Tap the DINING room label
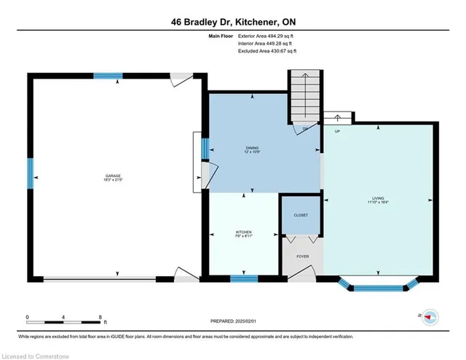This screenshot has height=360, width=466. click(x=252, y=149)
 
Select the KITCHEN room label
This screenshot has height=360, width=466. click(x=244, y=232)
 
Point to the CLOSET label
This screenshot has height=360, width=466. click(x=301, y=216)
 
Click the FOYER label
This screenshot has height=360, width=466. click(x=301, y=257)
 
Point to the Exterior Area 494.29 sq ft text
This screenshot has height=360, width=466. click(x=266, y=36)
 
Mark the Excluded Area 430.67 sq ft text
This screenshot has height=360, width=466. click(x=266, y=51)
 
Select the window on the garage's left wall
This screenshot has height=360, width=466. click(x=31, y=173)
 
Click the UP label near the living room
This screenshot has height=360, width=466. click(x=338, y=132)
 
